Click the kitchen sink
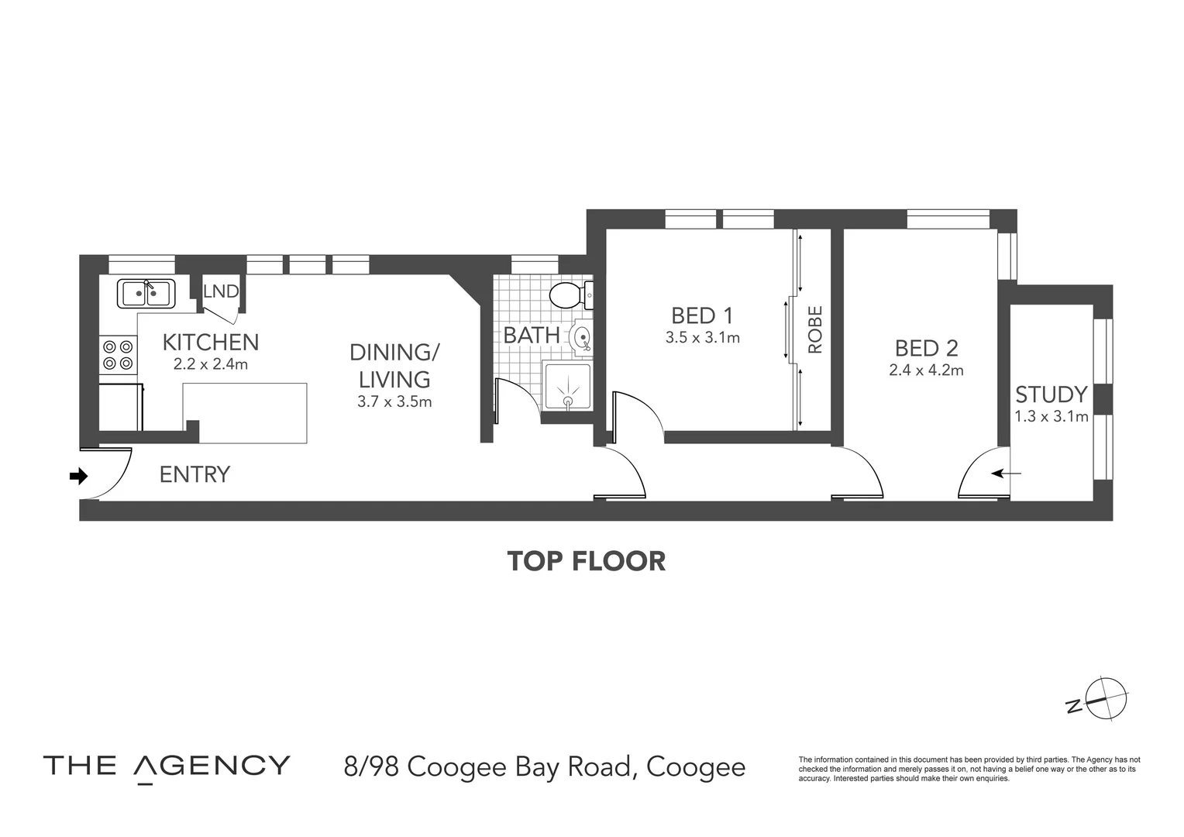pyautogui.click(x=146, y=294)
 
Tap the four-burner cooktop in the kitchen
pyautogui.click(x=118, y=355)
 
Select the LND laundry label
pyautogui.click(x=221, y=291)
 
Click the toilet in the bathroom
pyautogui.click(x=571, y=295)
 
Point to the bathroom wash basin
pyautogui.click(x=581, y=336)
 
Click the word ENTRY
pyautogui.click(x=194, y=474)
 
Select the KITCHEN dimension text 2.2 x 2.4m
pyautogui.click(x=210, y=364)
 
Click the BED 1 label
pyautogui.click(x=702, y=315)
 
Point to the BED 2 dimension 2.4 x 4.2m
pyautogui.click(x=926, y=370)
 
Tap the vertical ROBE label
pyautogui.click(x=815, y=329)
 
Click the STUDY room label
pyautogui.click(x=1051, y=394)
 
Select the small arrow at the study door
pyautogui.click(x=1006, y=474)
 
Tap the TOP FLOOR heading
pyautogui.click(x=586, y=561)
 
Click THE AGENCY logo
pyautogui.click(x=167, y=766)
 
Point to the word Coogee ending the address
pyautogui.click(x=696, y=767)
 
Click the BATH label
pyautogui.click(x=532, y=336)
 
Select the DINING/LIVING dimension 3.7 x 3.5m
pyautogui.click(x=394, y=402)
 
